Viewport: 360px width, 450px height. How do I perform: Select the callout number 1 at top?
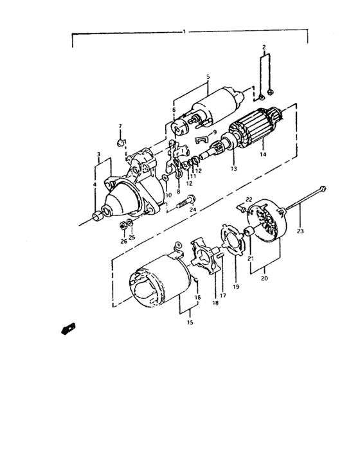184,31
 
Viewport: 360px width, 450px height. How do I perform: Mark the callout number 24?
193,210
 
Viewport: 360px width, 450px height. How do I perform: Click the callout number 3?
98,154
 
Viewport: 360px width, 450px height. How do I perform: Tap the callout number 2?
263,48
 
